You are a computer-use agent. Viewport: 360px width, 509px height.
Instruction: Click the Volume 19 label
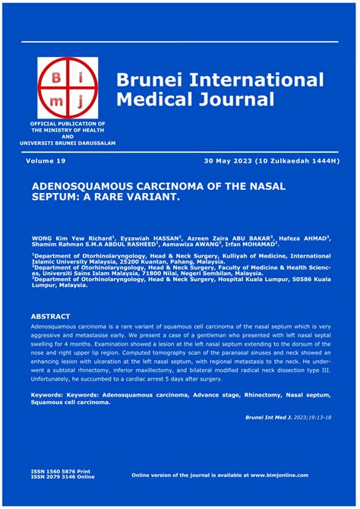pyautogui.click(x=46, y=162)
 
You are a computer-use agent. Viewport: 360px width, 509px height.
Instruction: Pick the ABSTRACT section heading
pyautogui.click(x=50, y=316)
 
